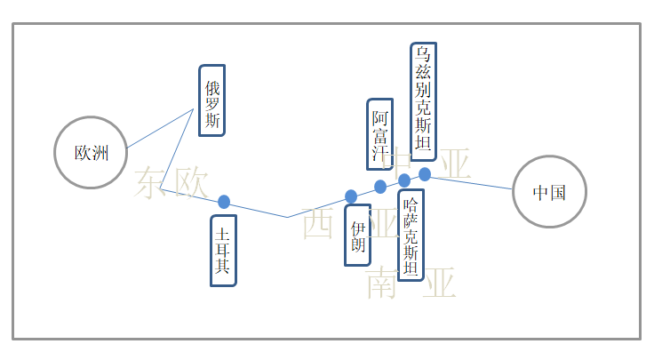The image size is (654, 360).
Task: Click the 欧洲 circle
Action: (x=92, y=153)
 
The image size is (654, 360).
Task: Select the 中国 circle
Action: (x=550, y=191)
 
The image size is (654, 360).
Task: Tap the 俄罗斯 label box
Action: (x=212, y=100)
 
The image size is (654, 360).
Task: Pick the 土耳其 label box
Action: (x=223, y=251)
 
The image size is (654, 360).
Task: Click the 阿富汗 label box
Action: (x=380, y=133)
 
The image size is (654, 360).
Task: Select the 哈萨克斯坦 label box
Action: (x=411, y=235)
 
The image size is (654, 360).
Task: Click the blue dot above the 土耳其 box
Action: (x=224, y=202)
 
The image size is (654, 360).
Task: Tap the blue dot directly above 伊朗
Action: (x=351, y=196)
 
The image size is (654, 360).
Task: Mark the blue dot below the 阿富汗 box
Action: (x=380, y=187)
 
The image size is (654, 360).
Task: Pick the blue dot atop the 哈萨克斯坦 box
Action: (x=404, y=180)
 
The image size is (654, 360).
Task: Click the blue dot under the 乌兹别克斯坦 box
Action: (x=425, y=174)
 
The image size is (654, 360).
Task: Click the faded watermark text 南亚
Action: (x=411, y=283)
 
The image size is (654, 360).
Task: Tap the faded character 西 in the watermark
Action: (x=317, y=224)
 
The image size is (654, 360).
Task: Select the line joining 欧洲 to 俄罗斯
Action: (x=160, y=129)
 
